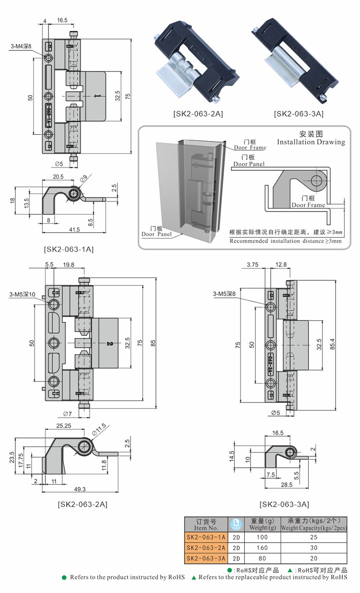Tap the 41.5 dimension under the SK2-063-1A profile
click(x=74, y=230)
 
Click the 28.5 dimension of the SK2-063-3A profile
click(x=286, y=485)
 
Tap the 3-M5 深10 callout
click(x=22, y=294)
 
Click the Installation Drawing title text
click(x=311, y=142)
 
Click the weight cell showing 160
click(x=262, y=547)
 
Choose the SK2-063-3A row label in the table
click(x=205, y=558)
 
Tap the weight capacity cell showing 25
click(x=314, y=537)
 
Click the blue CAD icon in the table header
click(x=235, y=524)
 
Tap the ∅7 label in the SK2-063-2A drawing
click(x=67, y=414)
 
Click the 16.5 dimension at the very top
click(x=62, y=20)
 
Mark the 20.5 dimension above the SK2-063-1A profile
click(x=58, y=177)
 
